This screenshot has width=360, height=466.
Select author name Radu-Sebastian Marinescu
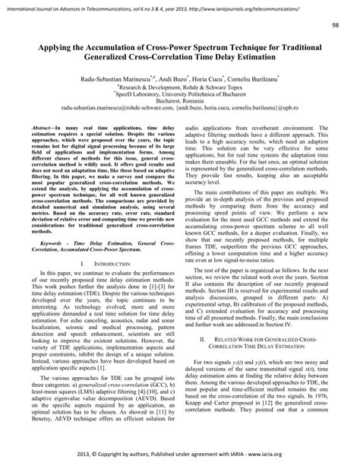point(113,78)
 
